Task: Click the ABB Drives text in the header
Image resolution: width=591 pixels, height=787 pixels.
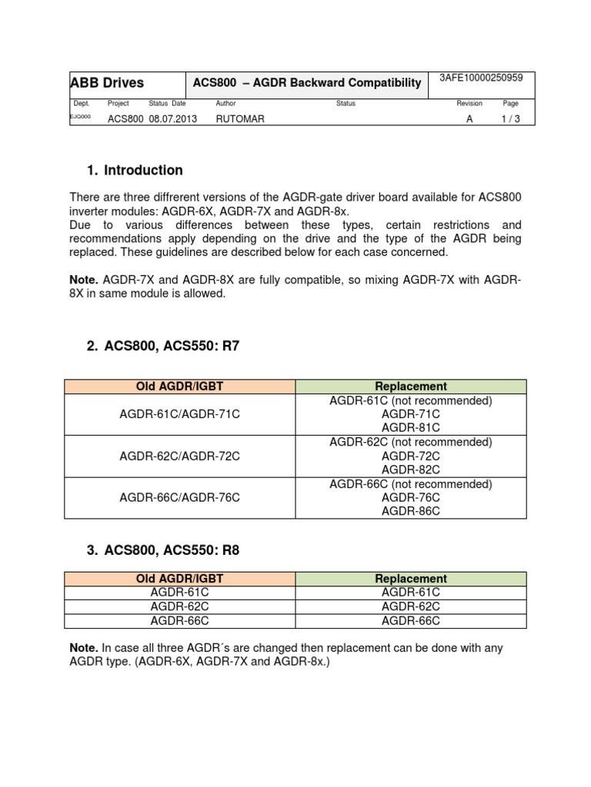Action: tap(107, 83)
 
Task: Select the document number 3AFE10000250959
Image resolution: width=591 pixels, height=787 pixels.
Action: tap(480, 78)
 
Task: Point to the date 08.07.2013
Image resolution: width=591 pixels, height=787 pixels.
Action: tap(168, 119)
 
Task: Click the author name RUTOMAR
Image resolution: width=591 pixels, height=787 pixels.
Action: tap(240, 119)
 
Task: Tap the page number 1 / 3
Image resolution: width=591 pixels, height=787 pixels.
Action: tap(511, 119)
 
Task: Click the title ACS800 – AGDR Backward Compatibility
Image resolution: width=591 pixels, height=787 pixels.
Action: tap(307, 83)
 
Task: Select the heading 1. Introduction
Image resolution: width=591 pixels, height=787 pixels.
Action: tap(135, 170)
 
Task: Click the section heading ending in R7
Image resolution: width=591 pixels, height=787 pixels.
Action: tap(163, 346)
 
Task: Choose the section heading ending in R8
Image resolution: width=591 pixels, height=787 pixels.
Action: tap(164, 550)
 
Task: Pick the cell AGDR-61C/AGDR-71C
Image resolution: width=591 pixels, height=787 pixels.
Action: tap(180, 414)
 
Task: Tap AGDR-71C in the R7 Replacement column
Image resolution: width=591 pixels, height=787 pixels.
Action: tap(411, 414)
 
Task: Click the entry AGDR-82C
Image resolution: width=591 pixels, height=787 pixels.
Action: tap(411, 470)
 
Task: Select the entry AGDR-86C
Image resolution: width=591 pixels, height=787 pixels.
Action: tap(411, 511)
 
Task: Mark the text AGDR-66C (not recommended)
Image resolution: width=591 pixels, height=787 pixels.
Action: tap(411, 484)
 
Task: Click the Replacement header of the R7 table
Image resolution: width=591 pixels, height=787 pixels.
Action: tap(411, 387)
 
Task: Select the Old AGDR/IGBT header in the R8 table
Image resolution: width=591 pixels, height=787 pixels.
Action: tap(180, 579)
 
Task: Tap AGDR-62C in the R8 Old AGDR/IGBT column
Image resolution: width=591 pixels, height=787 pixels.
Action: tap(180, 606)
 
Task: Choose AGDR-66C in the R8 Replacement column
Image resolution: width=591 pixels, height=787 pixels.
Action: tap(411, 621)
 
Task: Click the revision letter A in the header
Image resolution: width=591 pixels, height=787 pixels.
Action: tap(469, 119)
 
